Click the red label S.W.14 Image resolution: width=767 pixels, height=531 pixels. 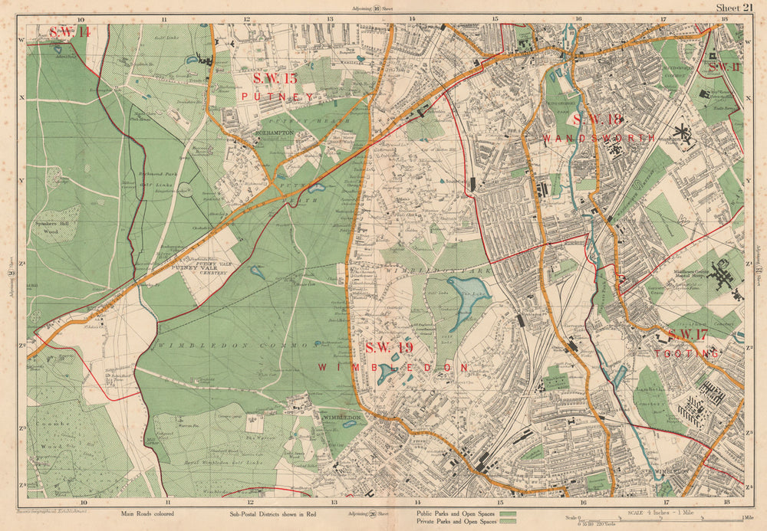(70, 32)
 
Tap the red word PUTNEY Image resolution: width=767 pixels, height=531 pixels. (277, 97)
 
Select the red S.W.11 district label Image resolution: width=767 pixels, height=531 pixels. (723, 67)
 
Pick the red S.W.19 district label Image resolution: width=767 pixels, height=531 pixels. (389, 348)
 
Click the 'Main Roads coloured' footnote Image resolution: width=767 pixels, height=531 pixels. (147, 514)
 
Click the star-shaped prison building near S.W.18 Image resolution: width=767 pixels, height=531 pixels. (680, 136)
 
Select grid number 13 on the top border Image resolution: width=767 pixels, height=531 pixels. (329, 18)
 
